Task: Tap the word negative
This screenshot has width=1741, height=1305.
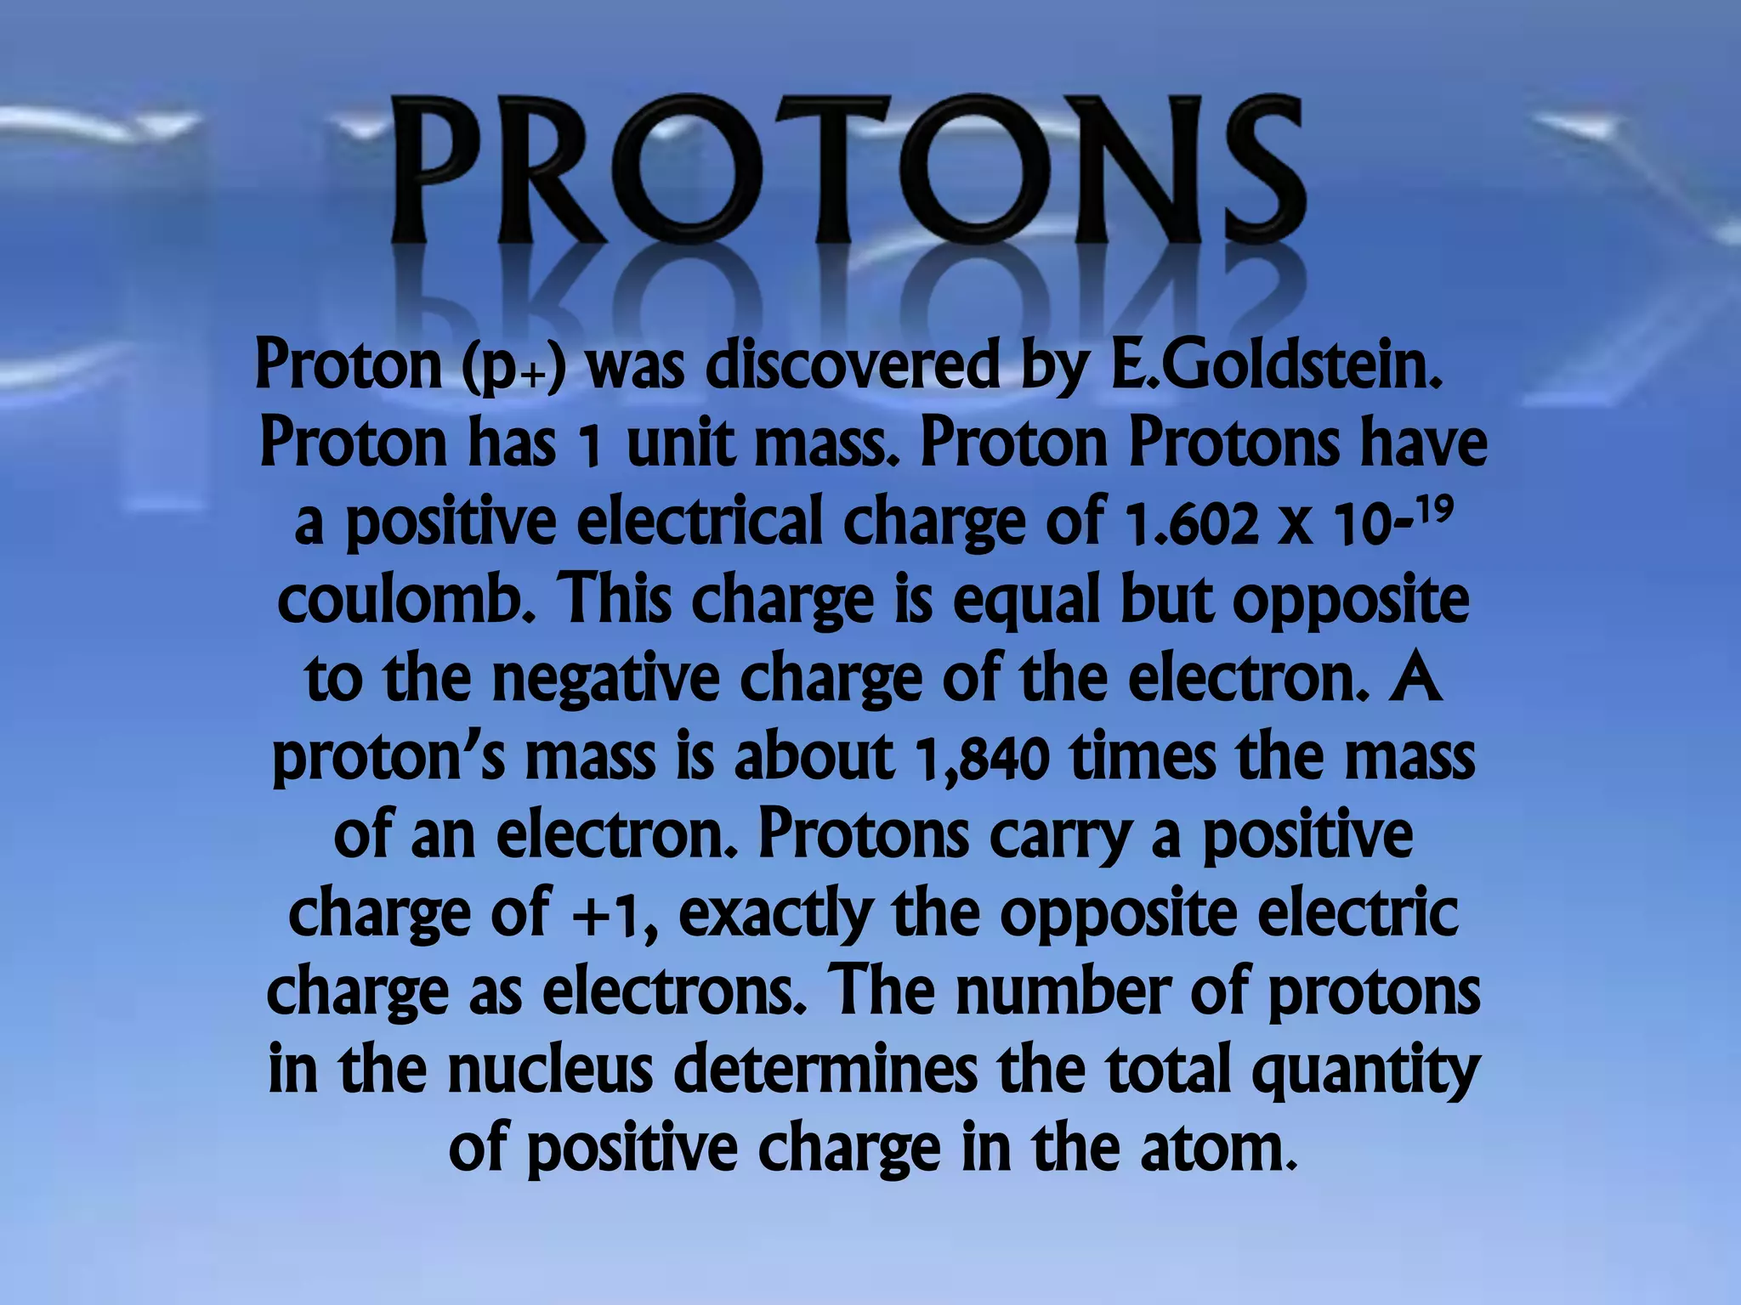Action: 605,678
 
